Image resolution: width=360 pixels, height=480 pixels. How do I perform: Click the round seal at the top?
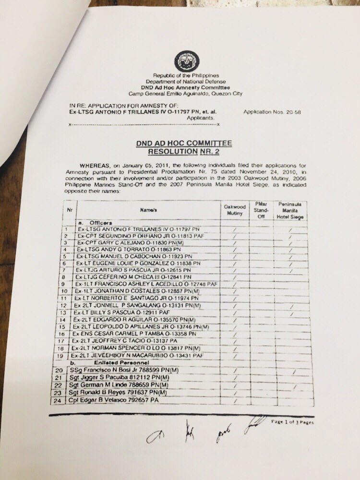pos(187,61)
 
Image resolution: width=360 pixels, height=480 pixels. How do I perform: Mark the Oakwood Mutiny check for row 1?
pos(235,230)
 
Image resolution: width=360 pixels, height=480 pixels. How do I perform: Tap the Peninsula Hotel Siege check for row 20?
pos(293,372)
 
